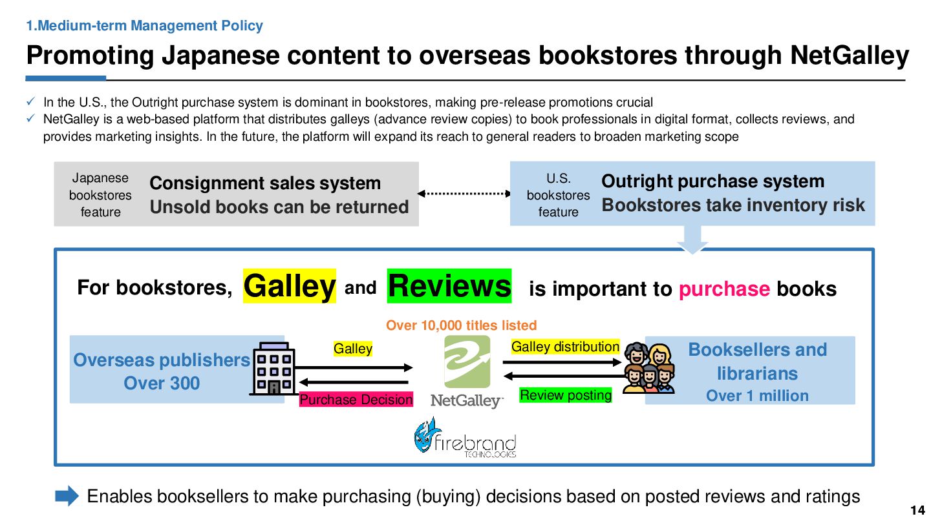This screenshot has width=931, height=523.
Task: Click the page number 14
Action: [917, 510]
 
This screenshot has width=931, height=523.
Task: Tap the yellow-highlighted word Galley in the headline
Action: [289, 286]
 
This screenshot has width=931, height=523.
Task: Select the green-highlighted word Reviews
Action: [449, 286]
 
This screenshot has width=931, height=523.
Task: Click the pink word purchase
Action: [723, 289]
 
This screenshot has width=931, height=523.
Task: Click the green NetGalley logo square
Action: [467, 362]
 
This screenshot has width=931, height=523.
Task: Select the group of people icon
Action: [648, 368]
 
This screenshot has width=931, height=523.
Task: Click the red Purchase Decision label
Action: [356, 400]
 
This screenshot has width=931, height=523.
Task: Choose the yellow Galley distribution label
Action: [565, 347]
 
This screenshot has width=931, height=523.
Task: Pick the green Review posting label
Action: [566, 395]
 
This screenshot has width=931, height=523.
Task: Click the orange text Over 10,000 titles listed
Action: [461, 325]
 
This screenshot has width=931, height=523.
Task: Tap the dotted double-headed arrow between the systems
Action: [464, 193]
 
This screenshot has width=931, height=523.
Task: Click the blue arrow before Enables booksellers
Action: [67, 496]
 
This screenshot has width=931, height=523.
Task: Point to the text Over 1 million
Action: [757, 396]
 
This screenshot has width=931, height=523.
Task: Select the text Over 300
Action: [162, 383]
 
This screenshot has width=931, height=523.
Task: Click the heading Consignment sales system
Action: [265, 183]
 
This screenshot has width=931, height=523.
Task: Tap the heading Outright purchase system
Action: [712, 181]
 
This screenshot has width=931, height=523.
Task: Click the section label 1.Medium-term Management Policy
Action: [144, 26]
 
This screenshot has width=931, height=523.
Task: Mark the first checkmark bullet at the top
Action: [31, 102]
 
